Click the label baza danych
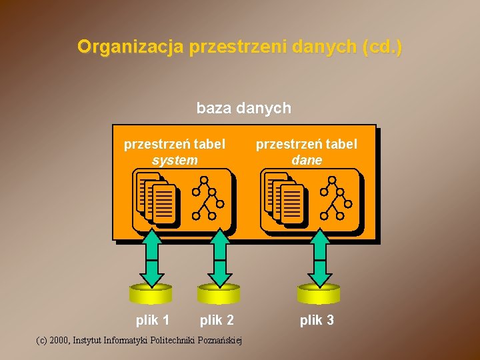click(x=243, y=107)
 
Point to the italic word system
click(x=175, y=160)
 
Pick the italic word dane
click(x=307, y=160)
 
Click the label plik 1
click(x=153, y=320)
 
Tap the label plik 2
click(x=217, y=320)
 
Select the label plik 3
click(x=317, y=320)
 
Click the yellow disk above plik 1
click(x=151, y=293)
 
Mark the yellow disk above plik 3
click(x=319, y=293)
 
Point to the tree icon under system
click(x=208, y=198)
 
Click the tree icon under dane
click(x=336, y=198)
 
